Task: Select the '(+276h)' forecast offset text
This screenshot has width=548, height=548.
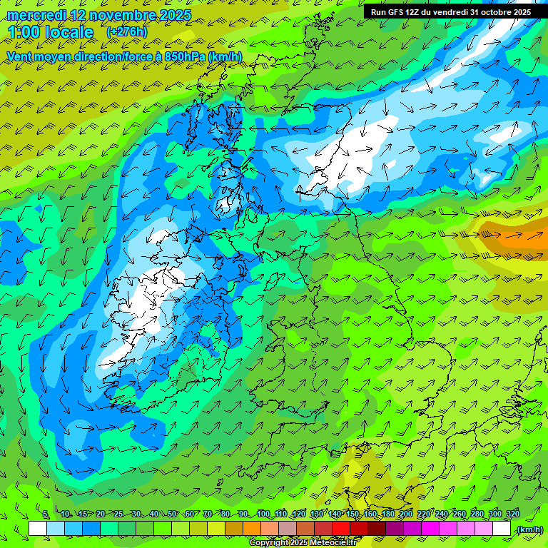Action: click(x=127, y=32)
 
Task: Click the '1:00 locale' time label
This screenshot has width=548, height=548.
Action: click(x=50, y=32)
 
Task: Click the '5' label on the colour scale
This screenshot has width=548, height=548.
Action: click(x=46, y=514)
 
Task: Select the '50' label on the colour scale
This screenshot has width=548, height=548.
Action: click(x=172, y=514)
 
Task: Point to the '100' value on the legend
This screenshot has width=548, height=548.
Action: click(x=263, y=514)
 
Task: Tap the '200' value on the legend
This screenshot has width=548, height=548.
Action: click(x=405, y=514)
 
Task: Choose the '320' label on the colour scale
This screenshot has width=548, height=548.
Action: click(x=513, y=514)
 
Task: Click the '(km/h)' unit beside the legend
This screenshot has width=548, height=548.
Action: click(x=529, y=529)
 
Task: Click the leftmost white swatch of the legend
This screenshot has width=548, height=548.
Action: click(x=38, y=529)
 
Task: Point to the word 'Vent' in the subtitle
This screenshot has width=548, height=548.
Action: click(x=20, y=56)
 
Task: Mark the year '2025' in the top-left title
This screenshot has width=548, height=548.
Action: click(x=176, y=14)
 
